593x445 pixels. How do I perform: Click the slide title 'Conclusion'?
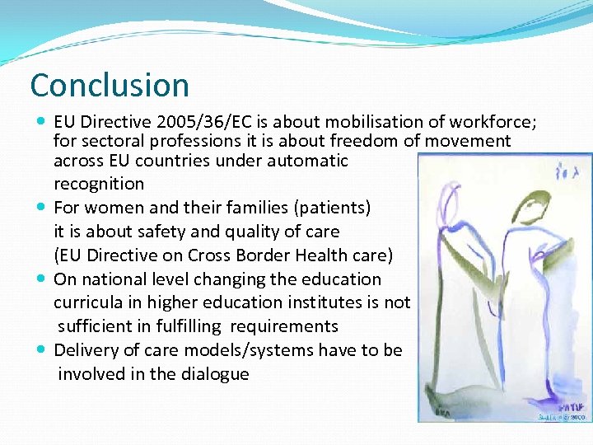[x=110, y=85]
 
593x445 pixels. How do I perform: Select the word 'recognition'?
[x=98, y=184]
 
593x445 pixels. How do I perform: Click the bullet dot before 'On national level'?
[x=42, y=279]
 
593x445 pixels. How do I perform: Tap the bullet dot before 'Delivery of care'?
[x=42, y=350]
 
